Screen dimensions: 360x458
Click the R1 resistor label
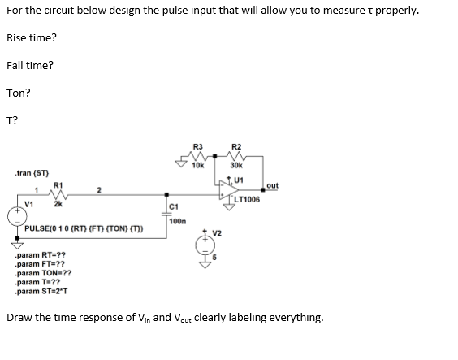click(57, 185)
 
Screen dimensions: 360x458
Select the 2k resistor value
click(58, 204)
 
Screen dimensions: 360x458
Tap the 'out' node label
click(271, 185)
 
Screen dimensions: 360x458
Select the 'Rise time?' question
click(32, 38)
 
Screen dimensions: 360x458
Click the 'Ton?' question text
click(19, 92)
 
